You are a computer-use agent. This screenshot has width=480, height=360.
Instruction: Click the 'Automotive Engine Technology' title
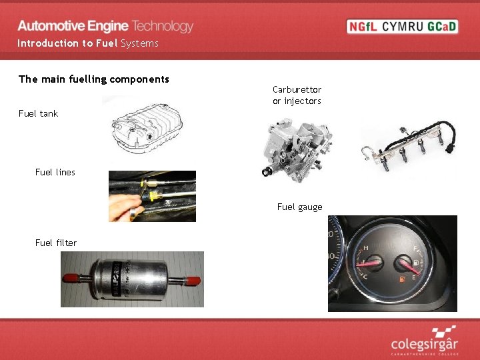click(x=105, y=26)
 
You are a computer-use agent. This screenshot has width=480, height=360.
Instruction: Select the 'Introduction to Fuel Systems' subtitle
click(x=88, y=43)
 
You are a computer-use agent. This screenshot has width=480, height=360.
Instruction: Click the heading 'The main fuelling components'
click(x=94, y=79)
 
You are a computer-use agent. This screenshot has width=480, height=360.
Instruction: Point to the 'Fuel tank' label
click(x=39, y=113)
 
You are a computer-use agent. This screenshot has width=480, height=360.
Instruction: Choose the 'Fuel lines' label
click(x=55, y=172)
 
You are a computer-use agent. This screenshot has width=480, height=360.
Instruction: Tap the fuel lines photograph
click(x=152, y=196)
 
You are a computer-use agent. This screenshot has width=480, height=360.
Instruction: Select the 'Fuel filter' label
click(x=56, y=243)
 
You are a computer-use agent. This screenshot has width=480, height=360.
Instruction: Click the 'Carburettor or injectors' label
click(x=297, y=95)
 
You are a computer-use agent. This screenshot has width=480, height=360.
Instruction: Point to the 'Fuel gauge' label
click(x=299, y=207)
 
